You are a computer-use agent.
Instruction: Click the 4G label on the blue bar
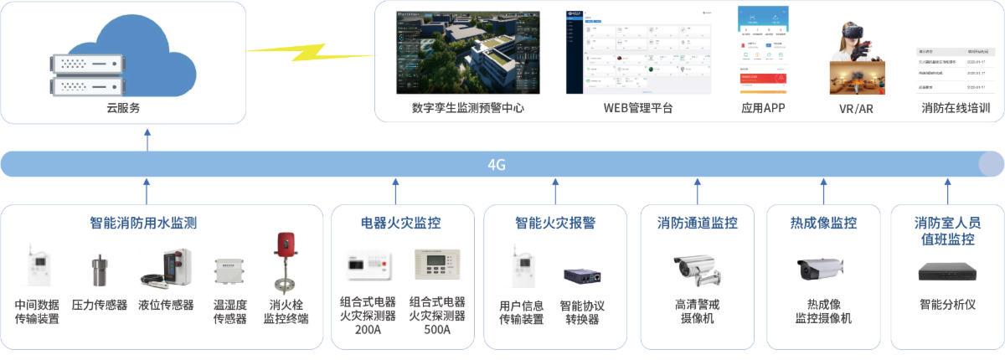pyautogui.click(x=497, y=165)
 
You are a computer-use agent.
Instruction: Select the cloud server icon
pyautogui.click(x=123, y=56)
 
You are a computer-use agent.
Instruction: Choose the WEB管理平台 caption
pyautogui.click(x=638, y=108)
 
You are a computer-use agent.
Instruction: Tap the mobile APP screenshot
pyautogui.click(x=763, y=50)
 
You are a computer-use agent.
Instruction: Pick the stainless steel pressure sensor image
pyautogui.click(x=100, y=270)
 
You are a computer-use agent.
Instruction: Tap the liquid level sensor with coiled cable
pyautogui.click(x=166, y=269)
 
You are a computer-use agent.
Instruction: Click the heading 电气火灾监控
pyautogui.click(x=400, y=223)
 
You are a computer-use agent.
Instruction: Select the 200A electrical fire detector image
pyautogui.click(x=368, y=263)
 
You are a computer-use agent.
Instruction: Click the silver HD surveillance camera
pyautogui.click(x=702, y=270)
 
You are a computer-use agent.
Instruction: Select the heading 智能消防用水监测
pyautogui.click(x=143, y=223)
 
